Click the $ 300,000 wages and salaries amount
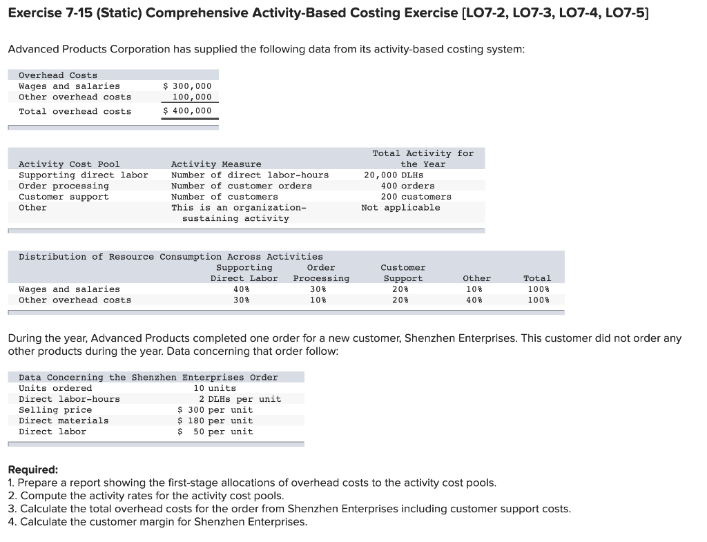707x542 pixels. tap(187, 86)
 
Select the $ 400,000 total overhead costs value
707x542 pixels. tap(187, 111)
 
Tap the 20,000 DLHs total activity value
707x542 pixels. tap(394, 175)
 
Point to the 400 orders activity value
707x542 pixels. tap(407, 186)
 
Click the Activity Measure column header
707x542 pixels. tap(216, 164)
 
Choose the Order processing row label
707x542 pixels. tap(64, 186)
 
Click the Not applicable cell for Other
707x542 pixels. tap(400, 208)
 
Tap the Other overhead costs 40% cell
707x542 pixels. tap(476, 300)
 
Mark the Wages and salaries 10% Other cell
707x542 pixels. tap(476, 289)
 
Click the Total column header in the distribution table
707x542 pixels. tap(537, 278)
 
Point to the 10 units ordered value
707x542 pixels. tap(215, 388)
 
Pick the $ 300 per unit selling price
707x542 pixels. tap(215, 410)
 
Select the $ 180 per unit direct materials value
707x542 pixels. tap(215, 420)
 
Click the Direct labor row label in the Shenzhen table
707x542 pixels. tap(52, 432)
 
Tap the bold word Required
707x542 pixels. tap(33, 470)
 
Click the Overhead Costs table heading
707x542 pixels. tap(58, 75)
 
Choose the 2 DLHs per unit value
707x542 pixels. tap(240, 399)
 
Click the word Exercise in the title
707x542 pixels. tap(34, 12)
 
